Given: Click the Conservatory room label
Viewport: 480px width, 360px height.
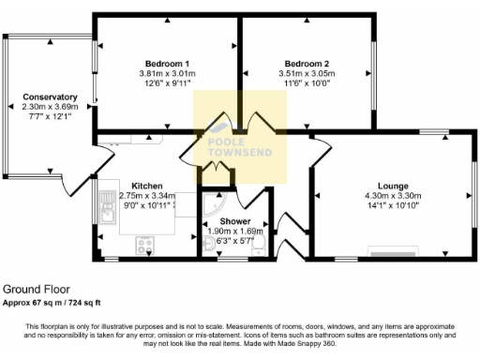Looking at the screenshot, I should (50, 97).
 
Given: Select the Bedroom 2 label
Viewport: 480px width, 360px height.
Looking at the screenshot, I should (306, 63).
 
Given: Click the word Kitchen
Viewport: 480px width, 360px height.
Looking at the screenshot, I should (147, 186).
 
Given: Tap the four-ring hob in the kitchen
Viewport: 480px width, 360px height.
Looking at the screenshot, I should (146, 247).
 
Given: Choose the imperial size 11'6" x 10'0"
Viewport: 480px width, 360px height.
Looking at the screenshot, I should (306, 82).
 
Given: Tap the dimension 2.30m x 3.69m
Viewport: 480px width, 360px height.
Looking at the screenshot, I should (50, 107).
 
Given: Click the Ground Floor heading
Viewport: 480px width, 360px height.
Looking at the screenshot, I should (36, 290).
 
